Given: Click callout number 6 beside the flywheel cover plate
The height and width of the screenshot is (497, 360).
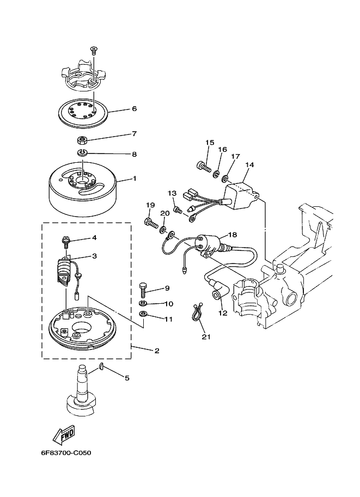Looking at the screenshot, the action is coord(134,109).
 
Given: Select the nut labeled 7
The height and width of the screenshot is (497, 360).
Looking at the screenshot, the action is coord(82,139).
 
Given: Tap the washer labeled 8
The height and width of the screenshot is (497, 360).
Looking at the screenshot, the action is coord(82,153).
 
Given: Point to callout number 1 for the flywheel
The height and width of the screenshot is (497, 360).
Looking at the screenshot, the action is coord(135,179).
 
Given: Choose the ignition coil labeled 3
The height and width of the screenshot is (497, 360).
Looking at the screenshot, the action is coord(65,271).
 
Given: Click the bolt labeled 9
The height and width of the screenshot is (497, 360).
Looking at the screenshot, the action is coord(142,290).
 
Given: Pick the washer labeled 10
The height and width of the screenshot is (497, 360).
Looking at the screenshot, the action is coord(143,303).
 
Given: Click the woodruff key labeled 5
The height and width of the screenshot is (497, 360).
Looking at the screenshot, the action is coord(101,367).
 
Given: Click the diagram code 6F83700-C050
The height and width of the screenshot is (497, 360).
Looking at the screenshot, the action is coord(66,452).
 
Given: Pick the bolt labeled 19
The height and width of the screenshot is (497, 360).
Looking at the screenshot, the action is coord(151,223).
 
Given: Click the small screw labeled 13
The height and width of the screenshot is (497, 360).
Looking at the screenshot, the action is coord(178,210).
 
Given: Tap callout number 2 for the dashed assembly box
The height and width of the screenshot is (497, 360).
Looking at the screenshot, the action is coord(157,351).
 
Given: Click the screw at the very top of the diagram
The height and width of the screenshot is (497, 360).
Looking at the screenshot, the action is coord(94,50).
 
